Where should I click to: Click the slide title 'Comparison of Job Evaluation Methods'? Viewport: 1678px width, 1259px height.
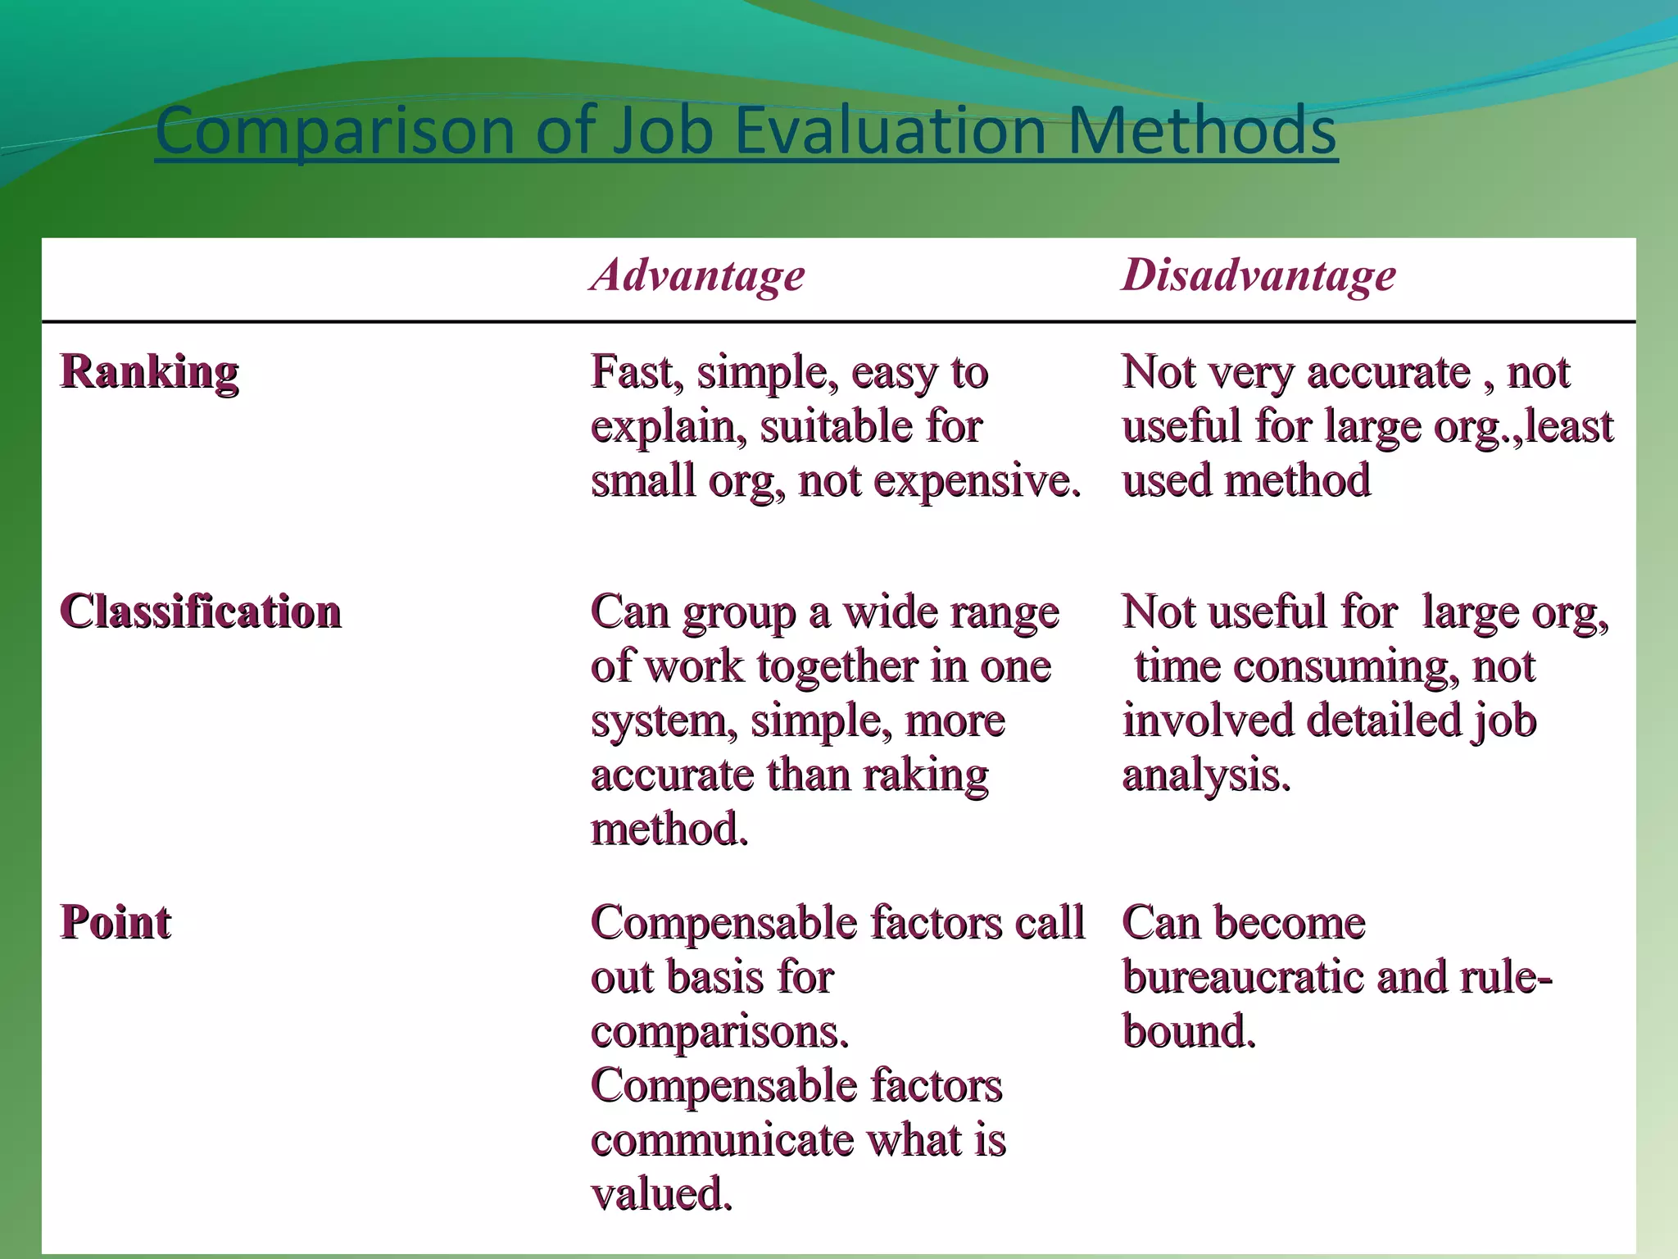[x=746, y=131]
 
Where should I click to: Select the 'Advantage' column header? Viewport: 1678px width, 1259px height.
[x=698, y=275]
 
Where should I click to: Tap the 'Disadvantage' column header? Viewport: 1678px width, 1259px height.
[x=1259, y=275]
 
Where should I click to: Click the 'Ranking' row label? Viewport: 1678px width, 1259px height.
[x=149, y=372]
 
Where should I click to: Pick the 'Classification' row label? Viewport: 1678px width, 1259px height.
[x=201, y=612]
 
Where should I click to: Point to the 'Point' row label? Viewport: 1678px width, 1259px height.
[x=116, y=923]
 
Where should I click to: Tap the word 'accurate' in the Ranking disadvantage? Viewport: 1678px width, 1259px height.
[x=1389, y=372]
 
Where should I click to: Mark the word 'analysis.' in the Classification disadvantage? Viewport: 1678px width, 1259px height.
[x=1206, y=775]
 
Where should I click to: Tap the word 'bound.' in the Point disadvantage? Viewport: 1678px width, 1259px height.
[x=1189, y=1031]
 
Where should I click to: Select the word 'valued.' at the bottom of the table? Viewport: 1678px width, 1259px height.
[x=661, y=1194]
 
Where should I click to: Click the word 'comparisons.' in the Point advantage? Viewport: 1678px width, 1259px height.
[x=719, y=1031]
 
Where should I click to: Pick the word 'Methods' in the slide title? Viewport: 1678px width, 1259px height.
[x=1202, y=131]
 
